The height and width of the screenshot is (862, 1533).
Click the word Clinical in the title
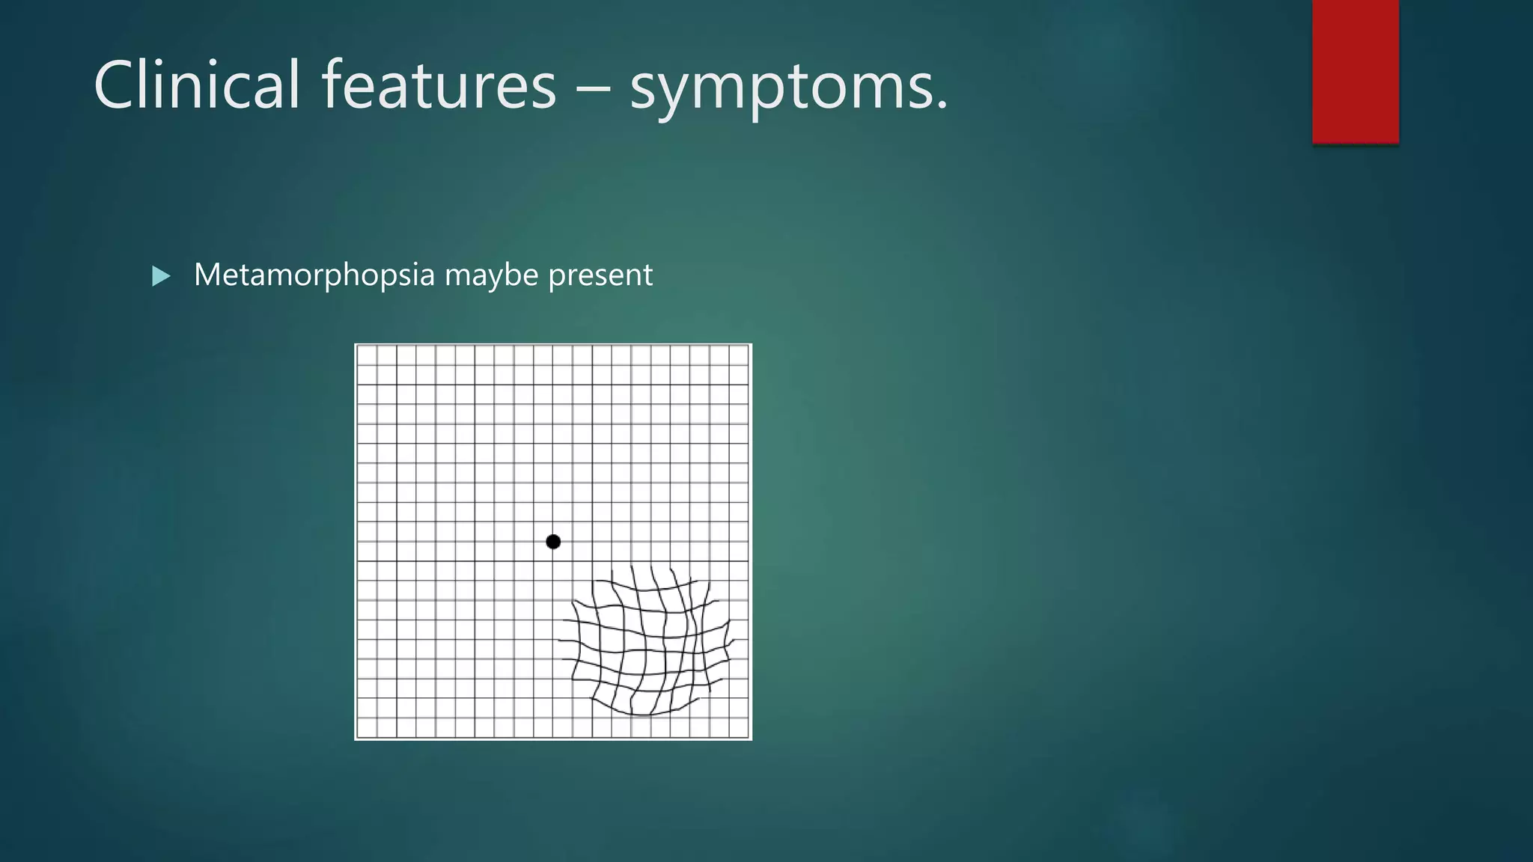196,85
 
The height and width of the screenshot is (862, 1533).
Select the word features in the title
439,85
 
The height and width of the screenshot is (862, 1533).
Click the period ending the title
942,106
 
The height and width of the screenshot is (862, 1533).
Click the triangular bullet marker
160,276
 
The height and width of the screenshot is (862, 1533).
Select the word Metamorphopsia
314,275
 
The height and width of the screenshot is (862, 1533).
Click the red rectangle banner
1355,71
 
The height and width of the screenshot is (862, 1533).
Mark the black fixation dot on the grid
553,542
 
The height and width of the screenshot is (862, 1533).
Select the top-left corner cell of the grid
367,355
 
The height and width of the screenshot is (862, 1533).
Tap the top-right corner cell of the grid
739,355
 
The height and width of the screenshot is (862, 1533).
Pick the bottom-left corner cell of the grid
367,727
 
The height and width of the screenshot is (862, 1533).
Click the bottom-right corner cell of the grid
739,727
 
